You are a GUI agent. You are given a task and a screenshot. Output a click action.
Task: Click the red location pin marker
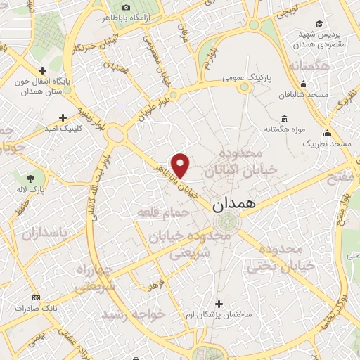[181, 165]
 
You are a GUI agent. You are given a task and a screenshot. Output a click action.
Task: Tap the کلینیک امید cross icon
[63, 117]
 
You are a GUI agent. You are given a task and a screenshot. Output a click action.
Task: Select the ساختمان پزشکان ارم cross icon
[219, 304]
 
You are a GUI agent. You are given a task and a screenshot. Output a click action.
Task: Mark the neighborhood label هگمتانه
[305, 66]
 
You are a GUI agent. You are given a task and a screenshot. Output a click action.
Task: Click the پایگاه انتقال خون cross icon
[44, 70]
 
